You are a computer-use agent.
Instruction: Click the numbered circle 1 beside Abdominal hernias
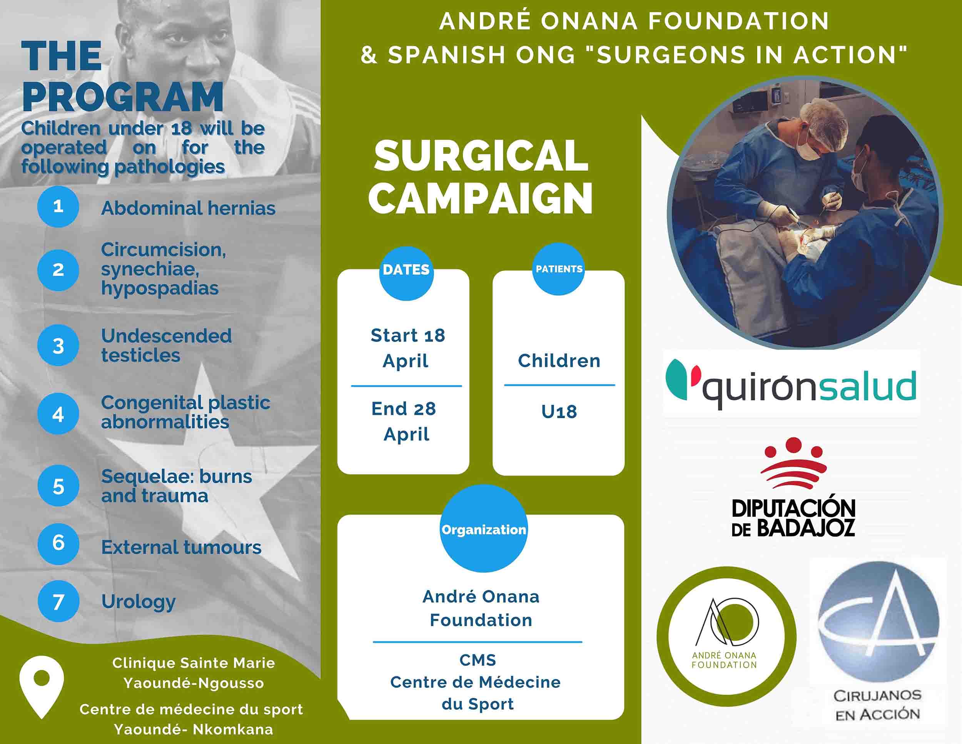point(58,207)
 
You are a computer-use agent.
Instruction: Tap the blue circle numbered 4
point(58,414)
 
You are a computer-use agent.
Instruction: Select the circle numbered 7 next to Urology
point(58,602)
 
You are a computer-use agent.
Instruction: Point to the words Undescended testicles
point(166,345)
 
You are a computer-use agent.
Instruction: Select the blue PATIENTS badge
point(558,269)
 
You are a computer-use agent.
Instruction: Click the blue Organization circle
point(484,529)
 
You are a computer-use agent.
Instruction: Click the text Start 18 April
point(407,348)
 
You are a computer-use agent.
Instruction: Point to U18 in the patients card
point(558,412)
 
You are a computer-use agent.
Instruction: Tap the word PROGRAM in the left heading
point(122,97)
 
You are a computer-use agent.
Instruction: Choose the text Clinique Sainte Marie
point(194,663)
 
